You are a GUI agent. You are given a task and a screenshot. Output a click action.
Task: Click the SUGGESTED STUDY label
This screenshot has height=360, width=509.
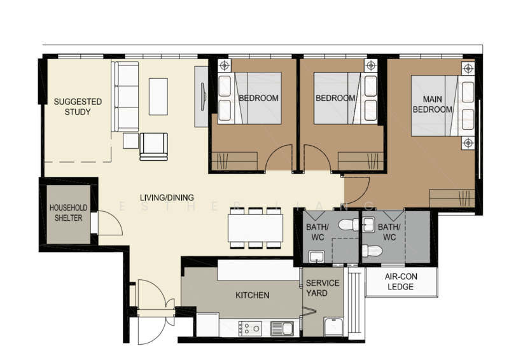tap(78, 107)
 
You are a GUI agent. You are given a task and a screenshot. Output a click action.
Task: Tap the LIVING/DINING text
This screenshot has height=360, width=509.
tap(167, 197)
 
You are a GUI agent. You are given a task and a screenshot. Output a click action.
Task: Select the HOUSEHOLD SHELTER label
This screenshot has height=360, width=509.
tap(68, 212)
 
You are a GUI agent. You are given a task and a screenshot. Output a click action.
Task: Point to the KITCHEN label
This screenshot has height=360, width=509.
tap(252, 295)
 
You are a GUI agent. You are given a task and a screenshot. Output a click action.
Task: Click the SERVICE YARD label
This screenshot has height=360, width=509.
tap(323, 288)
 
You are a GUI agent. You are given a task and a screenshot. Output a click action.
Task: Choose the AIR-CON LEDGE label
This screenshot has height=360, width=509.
tap(401, 281)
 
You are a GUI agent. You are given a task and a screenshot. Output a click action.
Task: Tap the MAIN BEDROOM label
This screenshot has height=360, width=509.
tap(433, 104)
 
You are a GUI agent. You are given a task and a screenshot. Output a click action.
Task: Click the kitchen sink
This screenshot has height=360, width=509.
tap(282, 328)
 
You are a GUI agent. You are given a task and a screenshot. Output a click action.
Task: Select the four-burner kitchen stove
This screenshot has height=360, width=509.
tap(250, 328)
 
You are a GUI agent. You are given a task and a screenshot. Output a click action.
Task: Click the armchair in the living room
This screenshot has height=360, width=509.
tap(154, 146)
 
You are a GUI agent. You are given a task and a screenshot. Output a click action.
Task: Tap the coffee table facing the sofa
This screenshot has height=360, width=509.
tap(158, 97)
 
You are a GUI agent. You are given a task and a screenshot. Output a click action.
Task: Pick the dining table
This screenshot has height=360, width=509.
tap(255, 228)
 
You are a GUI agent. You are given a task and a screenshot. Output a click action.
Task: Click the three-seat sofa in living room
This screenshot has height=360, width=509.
tap(125, 97)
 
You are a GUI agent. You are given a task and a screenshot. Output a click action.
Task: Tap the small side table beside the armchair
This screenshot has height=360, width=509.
tap(130, 141)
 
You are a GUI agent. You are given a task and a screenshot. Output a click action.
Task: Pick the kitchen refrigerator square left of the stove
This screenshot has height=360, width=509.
tap(208, 324)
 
